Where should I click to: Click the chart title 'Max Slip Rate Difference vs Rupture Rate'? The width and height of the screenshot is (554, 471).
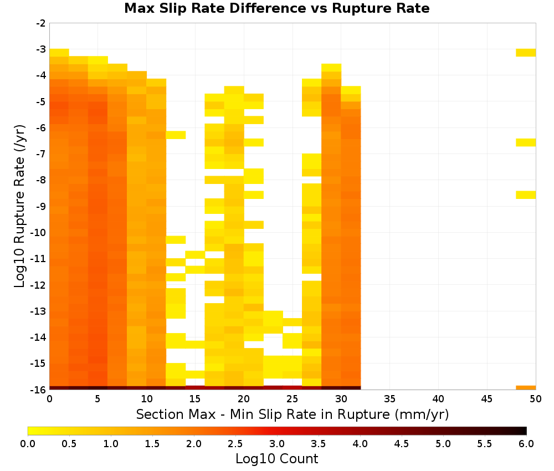click(276, 8)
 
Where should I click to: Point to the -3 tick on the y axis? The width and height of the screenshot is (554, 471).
click(41, 49)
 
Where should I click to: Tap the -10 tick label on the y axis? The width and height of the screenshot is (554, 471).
click(38, 233)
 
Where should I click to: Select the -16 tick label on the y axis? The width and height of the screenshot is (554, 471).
click(38, 390)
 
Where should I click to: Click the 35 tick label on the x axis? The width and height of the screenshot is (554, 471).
click(389, 399)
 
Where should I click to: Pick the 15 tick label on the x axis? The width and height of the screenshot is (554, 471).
click(195, 399)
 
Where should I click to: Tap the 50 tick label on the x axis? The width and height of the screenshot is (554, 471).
click(536, 399)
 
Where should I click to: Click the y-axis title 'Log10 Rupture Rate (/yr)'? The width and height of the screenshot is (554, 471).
click(20, 206)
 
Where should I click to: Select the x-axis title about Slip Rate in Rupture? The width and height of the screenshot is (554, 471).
click(293, 414)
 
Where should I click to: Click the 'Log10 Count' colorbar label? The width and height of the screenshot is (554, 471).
click(276, 459)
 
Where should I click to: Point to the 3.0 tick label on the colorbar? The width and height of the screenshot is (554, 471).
click(277, 444)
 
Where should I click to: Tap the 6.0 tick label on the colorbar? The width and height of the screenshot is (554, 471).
click(526, 444)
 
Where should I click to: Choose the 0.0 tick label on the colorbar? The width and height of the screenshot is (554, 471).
click(28, 444)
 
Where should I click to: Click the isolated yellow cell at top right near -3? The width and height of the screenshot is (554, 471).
click(526, 53)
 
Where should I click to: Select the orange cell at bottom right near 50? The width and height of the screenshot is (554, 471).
click(526, 388)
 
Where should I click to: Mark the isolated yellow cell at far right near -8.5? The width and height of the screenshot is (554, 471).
click(526, 194)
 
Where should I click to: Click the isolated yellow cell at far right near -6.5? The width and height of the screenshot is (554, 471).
click(526, 142)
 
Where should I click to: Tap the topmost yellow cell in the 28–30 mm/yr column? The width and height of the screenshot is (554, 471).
click(331, 68)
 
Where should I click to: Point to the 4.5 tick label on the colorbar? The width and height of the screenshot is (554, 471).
click(402, 444)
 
